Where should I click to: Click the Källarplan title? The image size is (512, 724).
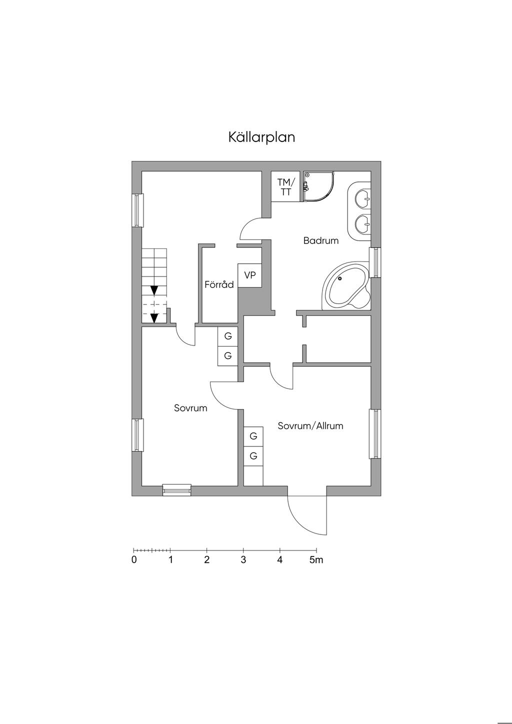(261, 137)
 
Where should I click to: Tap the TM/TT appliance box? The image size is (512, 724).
(286, 187)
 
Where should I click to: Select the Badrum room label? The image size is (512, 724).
(321, 240)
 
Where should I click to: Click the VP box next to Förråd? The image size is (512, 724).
(250, 275)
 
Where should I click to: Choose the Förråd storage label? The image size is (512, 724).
(219, 285)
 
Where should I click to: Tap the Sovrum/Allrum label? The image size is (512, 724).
(310, 426)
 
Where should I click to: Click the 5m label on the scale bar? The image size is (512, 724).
(316, 560)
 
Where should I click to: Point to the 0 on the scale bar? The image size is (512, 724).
(134, 560)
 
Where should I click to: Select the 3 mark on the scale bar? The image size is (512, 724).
(243, 560)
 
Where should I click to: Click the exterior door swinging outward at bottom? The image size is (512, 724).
(307, 515)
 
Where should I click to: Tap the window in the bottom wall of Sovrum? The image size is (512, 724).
(177, 490)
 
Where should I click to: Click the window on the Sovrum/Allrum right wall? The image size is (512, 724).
(375, 433)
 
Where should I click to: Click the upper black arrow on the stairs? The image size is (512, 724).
(154, 290)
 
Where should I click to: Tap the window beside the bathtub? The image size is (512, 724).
(375, 262)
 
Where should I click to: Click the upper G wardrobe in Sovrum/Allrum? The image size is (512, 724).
(253, 436)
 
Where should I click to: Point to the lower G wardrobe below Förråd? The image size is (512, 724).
(228, 356)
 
